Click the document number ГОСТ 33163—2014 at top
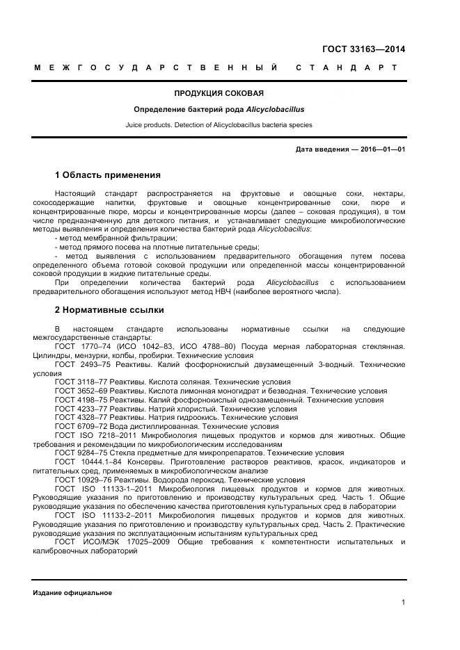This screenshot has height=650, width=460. pos(363,49)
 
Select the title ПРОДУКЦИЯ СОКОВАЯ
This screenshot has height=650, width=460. pos(219,93)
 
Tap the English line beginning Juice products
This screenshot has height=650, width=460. pos(219,125)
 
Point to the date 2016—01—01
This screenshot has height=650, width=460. pos(382,149)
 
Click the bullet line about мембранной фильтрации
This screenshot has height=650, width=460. pos(116,238)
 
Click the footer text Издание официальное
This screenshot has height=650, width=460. pos(72,592)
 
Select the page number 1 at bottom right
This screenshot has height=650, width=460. pos(403,603)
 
